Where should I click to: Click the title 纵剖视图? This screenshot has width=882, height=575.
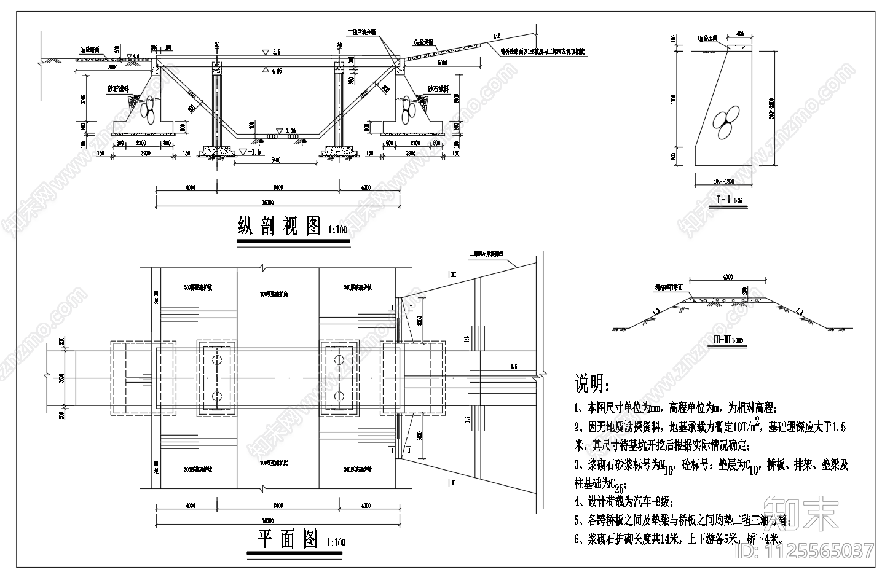tap(280, 226)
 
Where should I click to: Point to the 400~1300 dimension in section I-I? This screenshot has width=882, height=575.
tap(724, 181)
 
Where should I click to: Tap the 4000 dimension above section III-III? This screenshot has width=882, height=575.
tap(728, 277)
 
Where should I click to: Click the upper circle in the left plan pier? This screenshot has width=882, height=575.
tap(216, 359)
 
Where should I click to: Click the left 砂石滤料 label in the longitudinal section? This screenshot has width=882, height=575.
tap(119, 90)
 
